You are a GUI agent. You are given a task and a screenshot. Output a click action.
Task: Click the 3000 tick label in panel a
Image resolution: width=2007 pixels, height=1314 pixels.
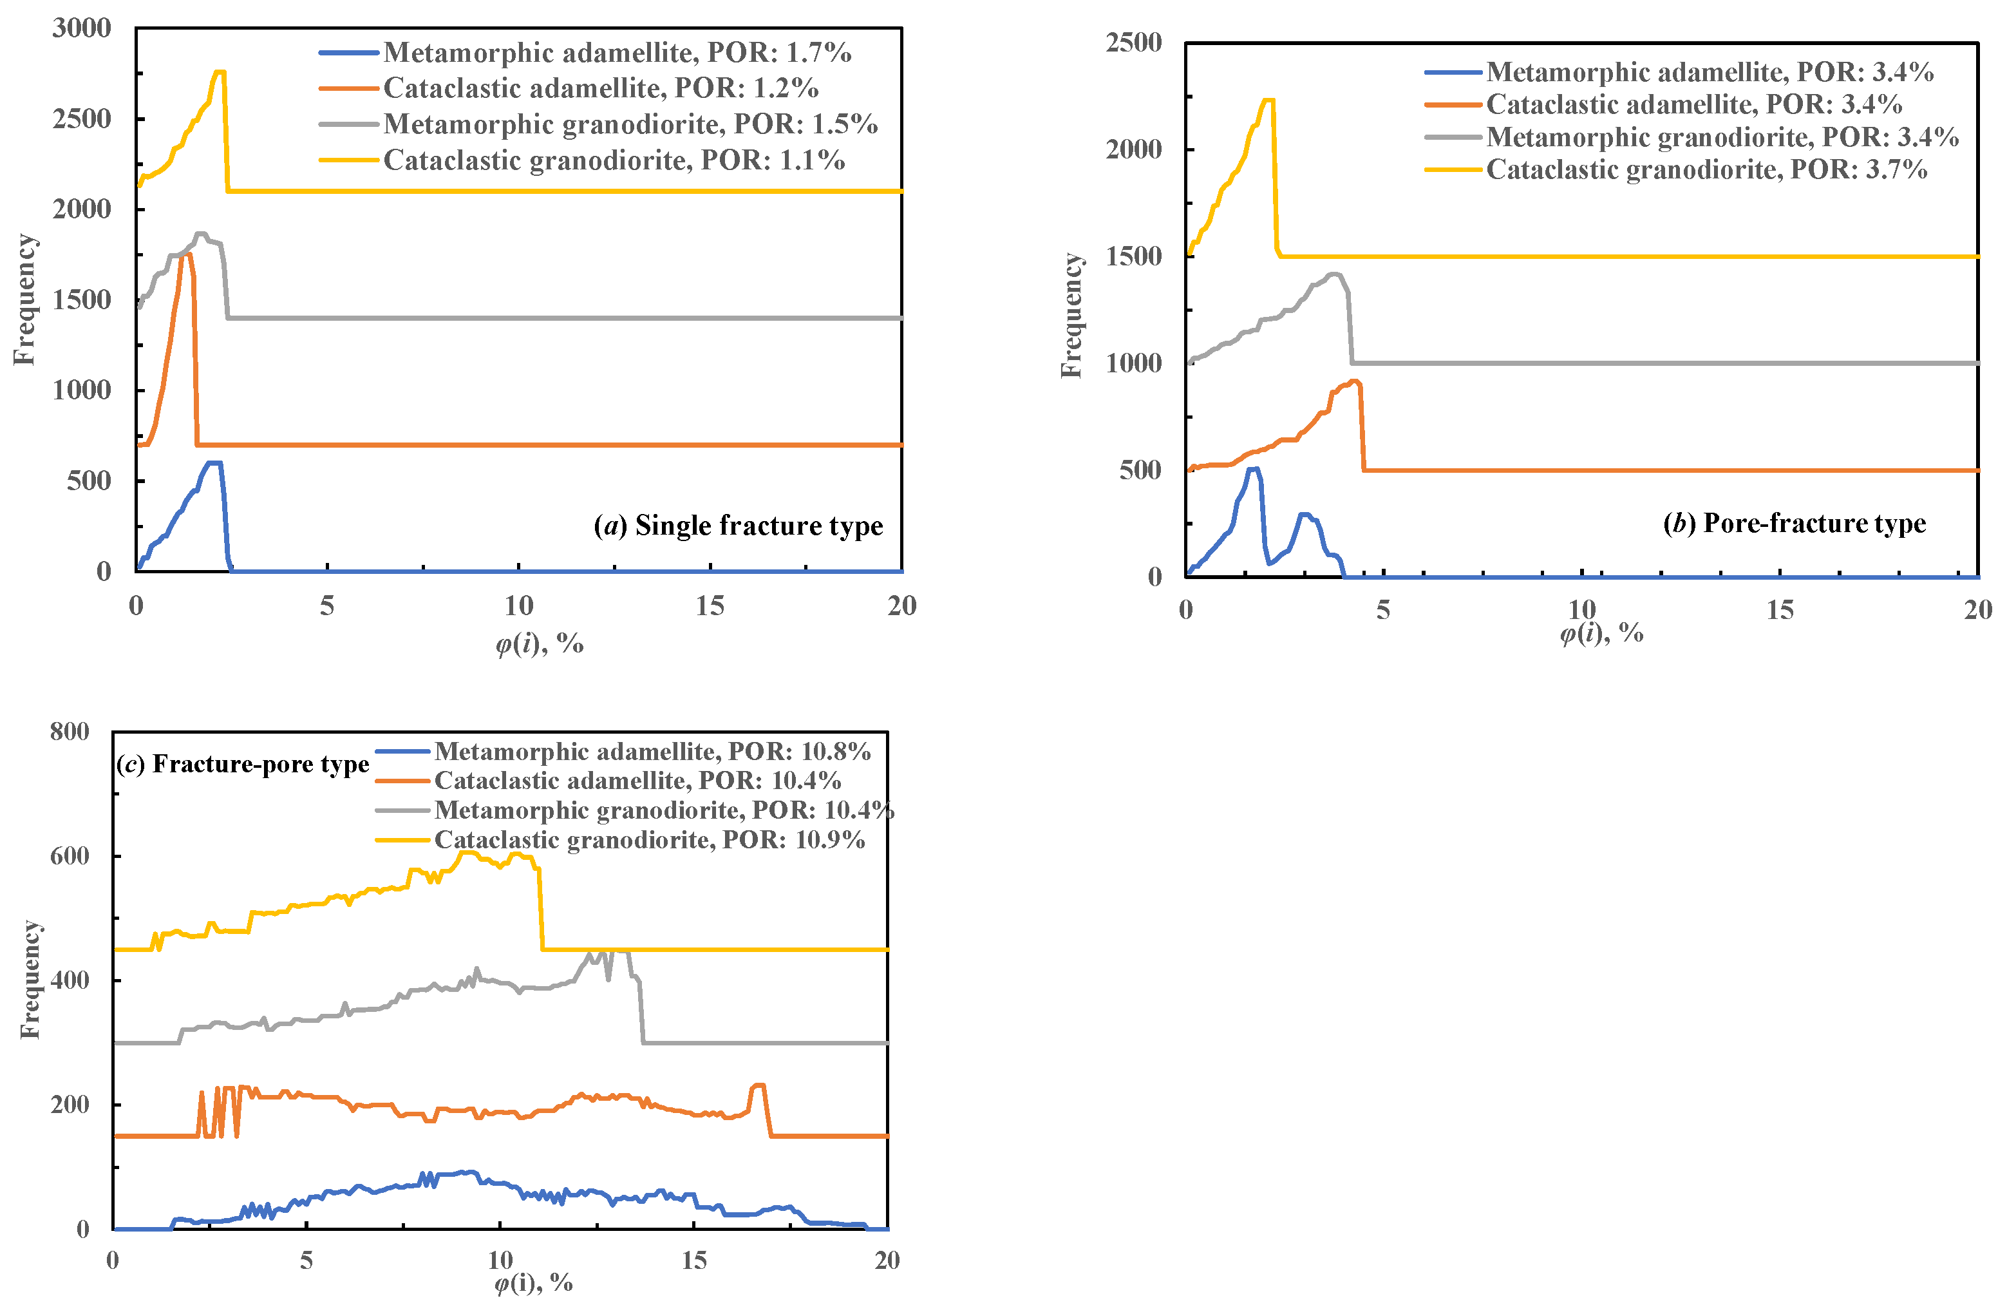pos(82,28)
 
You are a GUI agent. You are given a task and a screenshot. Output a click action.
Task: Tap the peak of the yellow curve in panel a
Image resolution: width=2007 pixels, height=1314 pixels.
pos(220,71)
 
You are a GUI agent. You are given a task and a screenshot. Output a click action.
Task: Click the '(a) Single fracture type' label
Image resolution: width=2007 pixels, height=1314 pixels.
pos(739,526)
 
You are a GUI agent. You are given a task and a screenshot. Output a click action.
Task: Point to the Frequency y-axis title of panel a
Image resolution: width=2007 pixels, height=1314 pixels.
pos(25,300)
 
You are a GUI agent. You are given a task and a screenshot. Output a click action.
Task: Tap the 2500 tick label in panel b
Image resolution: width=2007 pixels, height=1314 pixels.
pos(1133,42)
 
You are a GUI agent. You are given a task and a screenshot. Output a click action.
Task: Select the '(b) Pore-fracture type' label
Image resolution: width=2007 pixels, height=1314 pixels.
pos(1795,523)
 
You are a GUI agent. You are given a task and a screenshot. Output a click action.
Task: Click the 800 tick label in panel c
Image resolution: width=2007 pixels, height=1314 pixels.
pos(70,731)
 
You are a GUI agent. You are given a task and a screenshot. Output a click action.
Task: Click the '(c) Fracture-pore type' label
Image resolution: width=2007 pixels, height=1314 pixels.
pos(243,764)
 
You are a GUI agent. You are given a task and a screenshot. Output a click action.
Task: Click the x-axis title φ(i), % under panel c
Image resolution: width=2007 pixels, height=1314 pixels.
pos(533,1283)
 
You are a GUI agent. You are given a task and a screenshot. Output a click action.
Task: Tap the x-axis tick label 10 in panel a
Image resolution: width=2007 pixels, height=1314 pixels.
pos(518,605)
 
